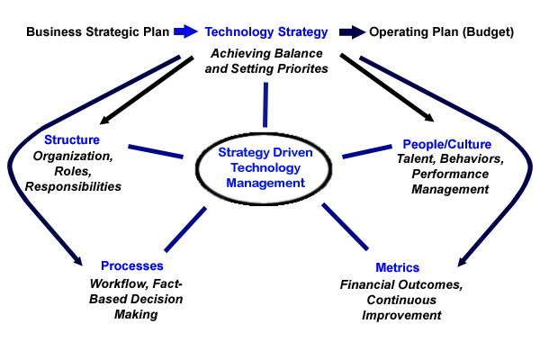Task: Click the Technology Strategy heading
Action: coord(265,32)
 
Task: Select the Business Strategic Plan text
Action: coord(98,32)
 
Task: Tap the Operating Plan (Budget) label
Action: coord(442,32)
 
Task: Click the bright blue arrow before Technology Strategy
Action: coord(185,31)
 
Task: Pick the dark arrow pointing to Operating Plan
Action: coord(352,32)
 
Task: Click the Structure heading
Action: coord(72,139)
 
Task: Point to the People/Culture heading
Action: coord(447,144)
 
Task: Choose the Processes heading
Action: coord(132,266)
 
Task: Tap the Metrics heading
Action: coord(398,267)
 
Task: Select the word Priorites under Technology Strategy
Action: coord(302,68)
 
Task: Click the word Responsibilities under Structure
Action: coord(73,186)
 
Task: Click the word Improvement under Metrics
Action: coord(401,315)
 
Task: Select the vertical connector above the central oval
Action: coord(265,104)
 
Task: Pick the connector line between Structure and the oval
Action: coord(156,151)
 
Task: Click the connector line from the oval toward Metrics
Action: coord(345,226)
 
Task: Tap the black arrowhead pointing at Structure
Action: coord(103,121)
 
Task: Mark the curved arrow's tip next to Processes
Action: coord(82,265)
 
